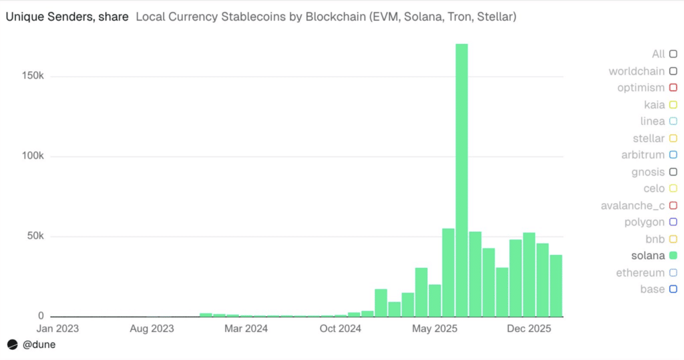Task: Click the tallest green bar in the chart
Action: pos(462,180)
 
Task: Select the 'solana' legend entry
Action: pos(647,256)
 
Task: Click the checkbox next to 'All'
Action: pos(673,54)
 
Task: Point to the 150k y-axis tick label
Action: pos(31,76)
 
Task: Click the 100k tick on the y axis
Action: pos(31,156)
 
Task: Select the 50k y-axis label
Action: pos(33,236)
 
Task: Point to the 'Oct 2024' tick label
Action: pos(340,329)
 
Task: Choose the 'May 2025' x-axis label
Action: pos(434,329)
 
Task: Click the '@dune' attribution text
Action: pos(39,345)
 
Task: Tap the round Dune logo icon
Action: pos(12,345)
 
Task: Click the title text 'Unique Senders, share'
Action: pos(67,16)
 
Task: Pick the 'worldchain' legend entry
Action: pos(637,71)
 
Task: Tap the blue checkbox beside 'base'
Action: pos(673,289)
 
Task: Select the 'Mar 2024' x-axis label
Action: pos(246,329)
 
